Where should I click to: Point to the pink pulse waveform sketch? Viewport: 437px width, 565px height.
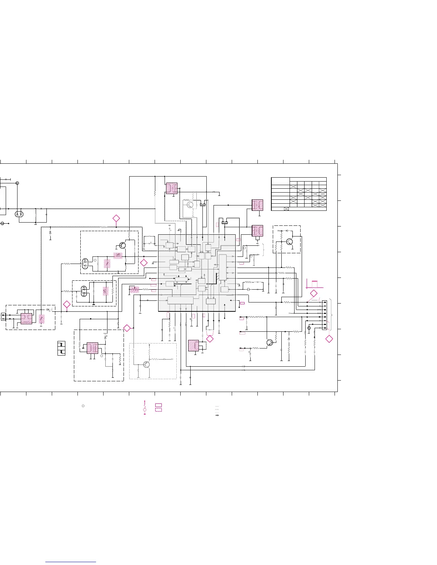(315, 284)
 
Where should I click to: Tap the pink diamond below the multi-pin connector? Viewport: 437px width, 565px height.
(329, 339)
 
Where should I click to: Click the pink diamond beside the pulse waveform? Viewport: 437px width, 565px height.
(313, 294)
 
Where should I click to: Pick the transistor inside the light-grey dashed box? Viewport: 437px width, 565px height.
(146, 365)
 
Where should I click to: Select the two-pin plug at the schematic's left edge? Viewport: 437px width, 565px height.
(4, 316)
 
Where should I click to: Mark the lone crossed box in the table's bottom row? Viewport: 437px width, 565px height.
(286, 209)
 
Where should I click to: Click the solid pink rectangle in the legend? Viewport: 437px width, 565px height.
(159, 405)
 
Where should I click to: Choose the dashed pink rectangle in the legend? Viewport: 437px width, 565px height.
(159, 410)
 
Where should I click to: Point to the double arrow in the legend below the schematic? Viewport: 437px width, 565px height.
(217, 415)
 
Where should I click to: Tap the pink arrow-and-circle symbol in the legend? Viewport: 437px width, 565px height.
(145, 408)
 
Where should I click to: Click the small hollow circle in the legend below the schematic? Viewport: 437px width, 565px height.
(83, 406)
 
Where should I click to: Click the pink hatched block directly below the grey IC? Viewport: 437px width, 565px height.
(194, 346)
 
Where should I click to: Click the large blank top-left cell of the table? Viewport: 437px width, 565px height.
(280, 179)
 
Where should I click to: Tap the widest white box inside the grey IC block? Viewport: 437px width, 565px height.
(180, 300)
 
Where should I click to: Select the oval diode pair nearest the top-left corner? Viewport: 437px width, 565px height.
(19, 214)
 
